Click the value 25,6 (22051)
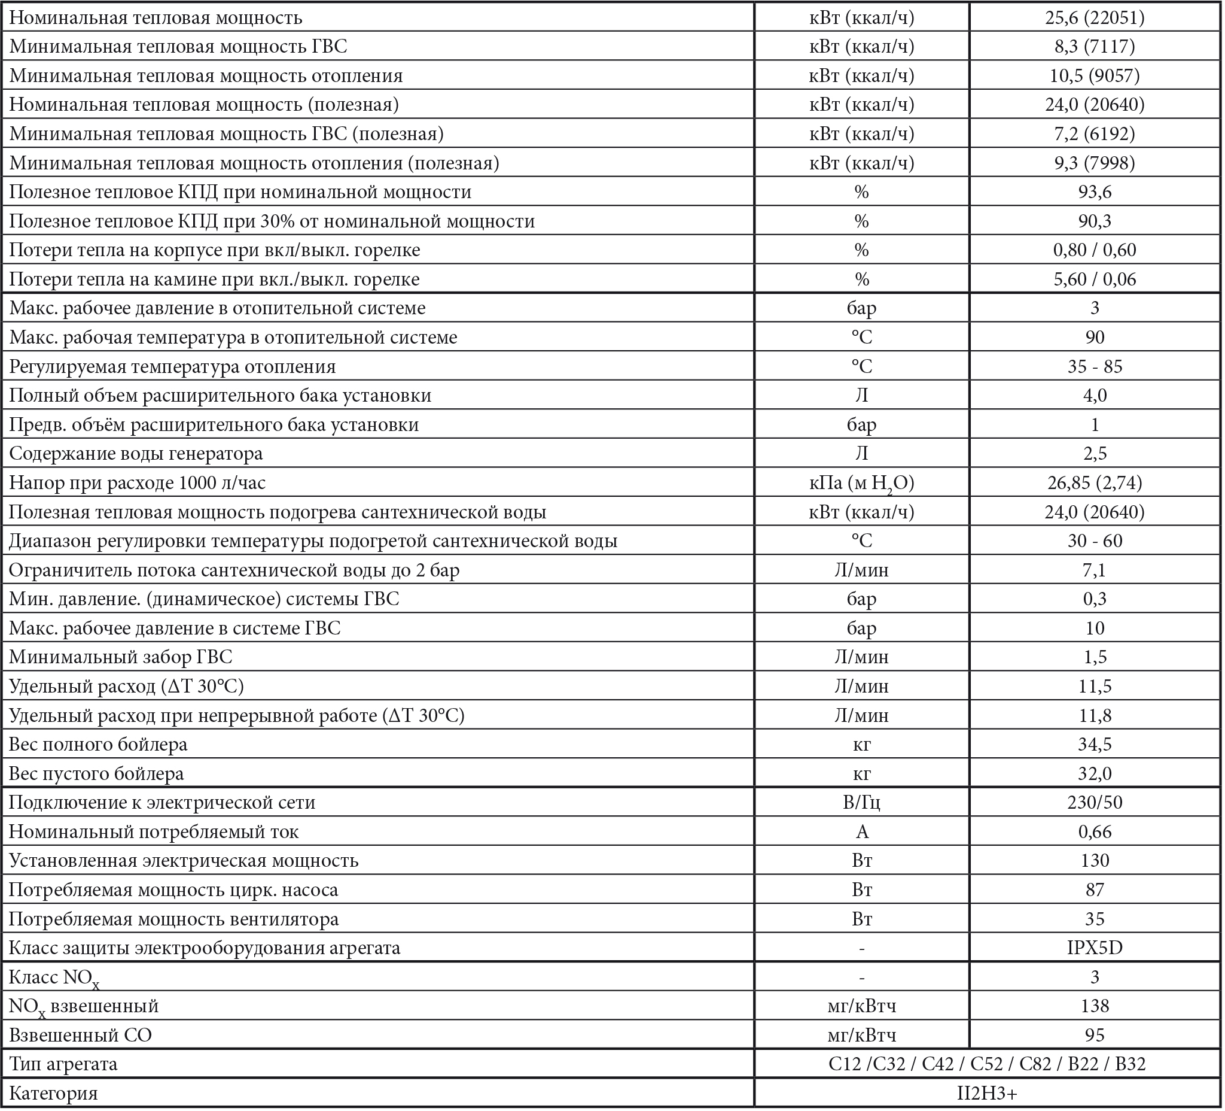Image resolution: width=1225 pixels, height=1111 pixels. (1095, 17)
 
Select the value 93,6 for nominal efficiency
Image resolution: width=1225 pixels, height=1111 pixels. (1095, 192)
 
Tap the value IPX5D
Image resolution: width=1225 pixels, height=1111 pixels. (1095, 948)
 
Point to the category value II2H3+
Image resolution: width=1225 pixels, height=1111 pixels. (987, 1094)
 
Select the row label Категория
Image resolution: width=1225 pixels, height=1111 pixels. (53, 1094)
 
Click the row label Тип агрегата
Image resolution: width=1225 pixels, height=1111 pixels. (63, 1064)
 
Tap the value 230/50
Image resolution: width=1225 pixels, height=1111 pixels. (1095, 803)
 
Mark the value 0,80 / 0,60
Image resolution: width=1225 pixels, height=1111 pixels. (1095, 250)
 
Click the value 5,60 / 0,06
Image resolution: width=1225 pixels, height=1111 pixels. (1095, 279)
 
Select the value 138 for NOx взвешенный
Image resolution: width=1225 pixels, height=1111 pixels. (1095, 1006)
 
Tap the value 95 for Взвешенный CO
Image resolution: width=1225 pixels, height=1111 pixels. (1095, 1035)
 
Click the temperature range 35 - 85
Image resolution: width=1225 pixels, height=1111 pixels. (1095, 367)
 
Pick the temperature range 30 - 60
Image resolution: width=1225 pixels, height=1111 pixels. (1095, 541)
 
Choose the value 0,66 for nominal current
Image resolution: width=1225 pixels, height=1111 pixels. (1095, 831)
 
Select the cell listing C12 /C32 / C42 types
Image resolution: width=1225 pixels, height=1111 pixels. (987, 1064)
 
